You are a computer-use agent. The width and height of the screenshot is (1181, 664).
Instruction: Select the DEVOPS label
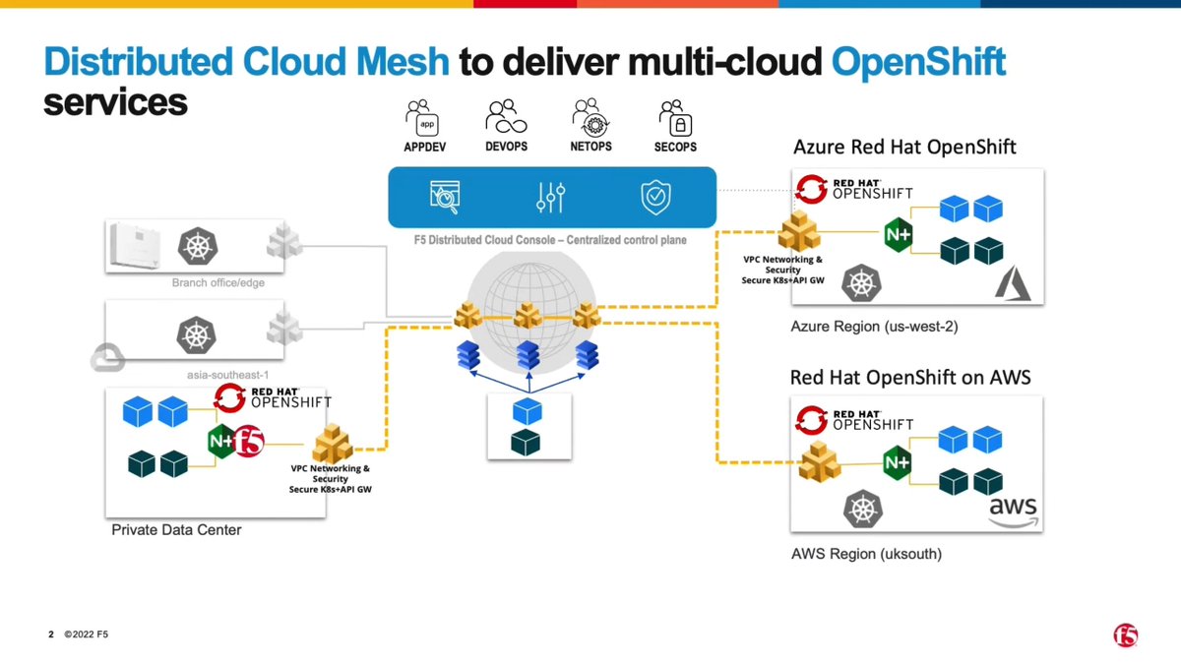tap(507, 147)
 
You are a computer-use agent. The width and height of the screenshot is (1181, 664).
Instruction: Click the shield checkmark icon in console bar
tap(655, 196)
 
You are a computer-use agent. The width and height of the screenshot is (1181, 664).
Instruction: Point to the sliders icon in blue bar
tap(550, 196)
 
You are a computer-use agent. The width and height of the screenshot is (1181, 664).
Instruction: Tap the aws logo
tap(1013, 512)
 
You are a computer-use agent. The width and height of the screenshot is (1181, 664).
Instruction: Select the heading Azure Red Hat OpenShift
tap(904, 148)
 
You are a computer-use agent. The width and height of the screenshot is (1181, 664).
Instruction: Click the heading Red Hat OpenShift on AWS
tap(910, 377)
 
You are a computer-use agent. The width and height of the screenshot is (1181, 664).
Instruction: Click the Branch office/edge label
tap(218, 283)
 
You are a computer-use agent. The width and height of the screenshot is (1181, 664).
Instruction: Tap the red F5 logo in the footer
tap(1125, 634)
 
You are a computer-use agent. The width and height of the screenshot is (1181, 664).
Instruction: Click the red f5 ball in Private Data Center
tap(248, 442)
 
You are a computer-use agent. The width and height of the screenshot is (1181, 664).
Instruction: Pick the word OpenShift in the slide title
tap(918, 62)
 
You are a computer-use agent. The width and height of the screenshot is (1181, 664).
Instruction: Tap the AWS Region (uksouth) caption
tap(866, 554)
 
